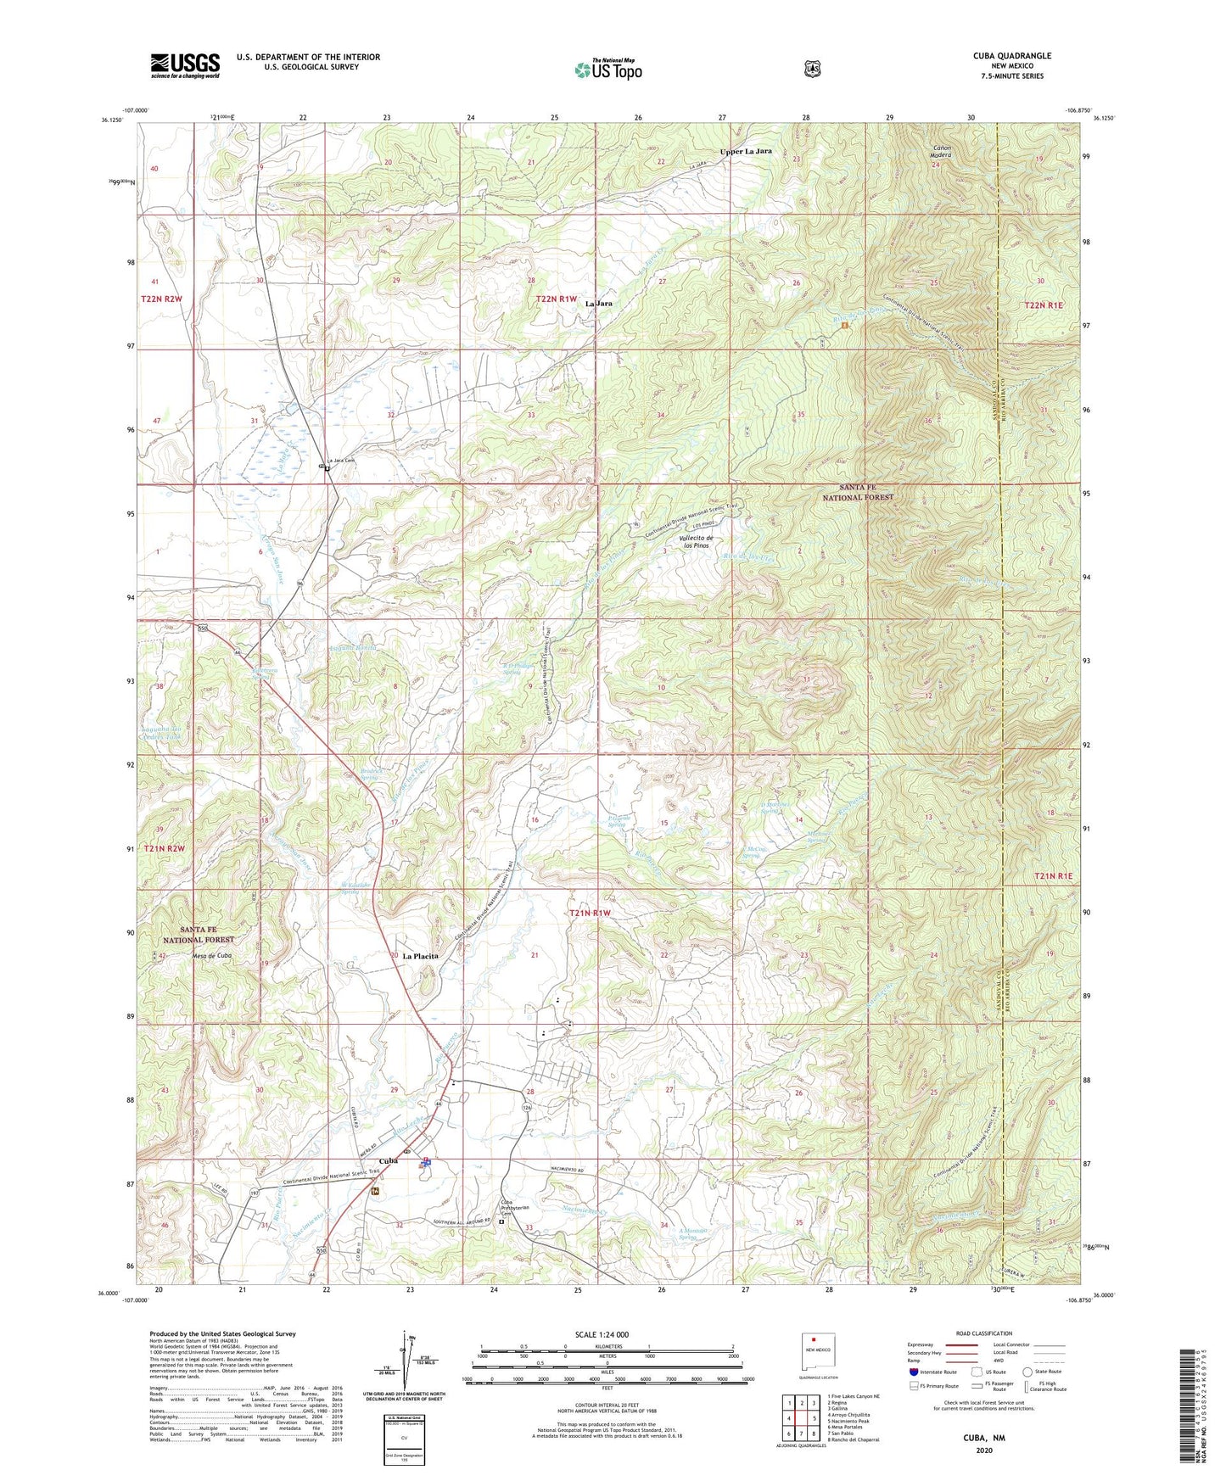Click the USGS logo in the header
(x=185, y=65)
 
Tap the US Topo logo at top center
(x=607, y=70)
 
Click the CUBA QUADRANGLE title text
(x=1011, y=56)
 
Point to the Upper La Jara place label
(x=746, y=151)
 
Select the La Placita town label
(x=420, y=956)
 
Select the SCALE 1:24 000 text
(x=602, y=1334)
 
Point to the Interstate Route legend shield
(x=914, y=1372)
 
